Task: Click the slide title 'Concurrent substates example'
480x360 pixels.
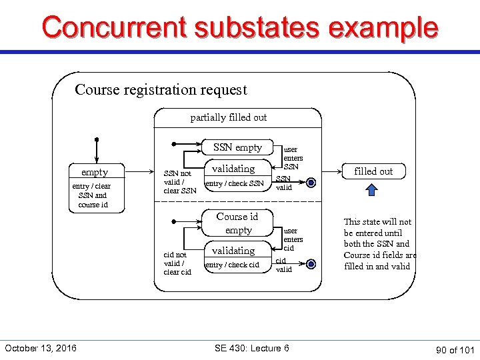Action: tap(240, 28)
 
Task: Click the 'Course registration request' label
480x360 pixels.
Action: tap(161, 89)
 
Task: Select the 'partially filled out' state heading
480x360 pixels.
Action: tap(228, 117)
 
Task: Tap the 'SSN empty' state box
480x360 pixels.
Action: tap(237, 147)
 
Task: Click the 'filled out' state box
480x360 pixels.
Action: tap(373, 171)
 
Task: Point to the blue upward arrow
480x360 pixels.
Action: tap(372, 191)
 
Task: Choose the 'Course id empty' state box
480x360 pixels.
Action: tap(237, 223)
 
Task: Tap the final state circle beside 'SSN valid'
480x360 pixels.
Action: tap(311, 183)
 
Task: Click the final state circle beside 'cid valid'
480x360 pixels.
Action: tap(311, 265)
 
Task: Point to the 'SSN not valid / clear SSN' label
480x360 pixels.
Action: tap(179, 182)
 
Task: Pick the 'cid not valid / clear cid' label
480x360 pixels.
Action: tap(177, 263)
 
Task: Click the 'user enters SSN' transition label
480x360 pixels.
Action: tap(293, 158)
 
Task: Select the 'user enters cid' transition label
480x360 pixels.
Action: tap(293, 239)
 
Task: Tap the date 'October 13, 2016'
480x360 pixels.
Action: tap(40, 348)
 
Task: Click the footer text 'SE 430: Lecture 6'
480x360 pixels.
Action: tap(251, 348)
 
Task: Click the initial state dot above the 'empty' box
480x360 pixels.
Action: tap(97, 140)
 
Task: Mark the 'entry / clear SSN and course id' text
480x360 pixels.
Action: tap(93, 195)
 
